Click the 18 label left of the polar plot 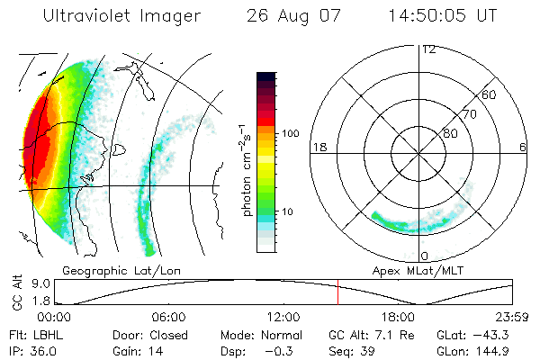pos(318,147)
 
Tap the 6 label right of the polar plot pos(523,147)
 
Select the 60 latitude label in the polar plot pos(490,94)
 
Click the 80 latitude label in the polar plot pos(450,133)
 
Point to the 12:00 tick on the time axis pos(283,317)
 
